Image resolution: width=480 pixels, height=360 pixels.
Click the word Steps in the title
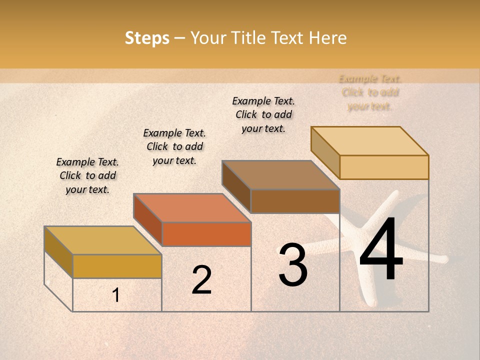pyautogui.click(x=147, y=38)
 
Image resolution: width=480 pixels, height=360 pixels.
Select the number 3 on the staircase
pyautogui.click(x=292, y=265)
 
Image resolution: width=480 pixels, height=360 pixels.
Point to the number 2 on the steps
pyautogui.click(x=201, y=279)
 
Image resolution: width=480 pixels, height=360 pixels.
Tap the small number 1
pyautogui.click(x=116, y=295)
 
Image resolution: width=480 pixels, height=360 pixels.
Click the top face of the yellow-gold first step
pyautogui.click(x=103, y=240)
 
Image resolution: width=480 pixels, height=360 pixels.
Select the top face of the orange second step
pyautogui.click(x=192, y=208)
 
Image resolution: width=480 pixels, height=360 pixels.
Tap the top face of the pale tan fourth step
pyautogui.click(x=370, y=141)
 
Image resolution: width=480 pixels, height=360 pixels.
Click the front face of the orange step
pyautogui.click(x=206, y=234)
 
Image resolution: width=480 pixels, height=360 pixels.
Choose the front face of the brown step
pyautogui.click(x=295, y=201)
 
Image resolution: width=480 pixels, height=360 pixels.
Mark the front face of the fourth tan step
pyautogui.click(x=384, y=167)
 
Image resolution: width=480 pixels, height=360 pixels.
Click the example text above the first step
pyautogui.click(x=87, y=175)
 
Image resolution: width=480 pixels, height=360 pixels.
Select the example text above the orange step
pyautogui.click(x=174, y=146)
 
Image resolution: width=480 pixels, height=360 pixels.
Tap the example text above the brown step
pyautogui.click(x=263, y=114)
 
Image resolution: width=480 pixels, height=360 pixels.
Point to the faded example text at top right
pyautogui.click(x=370, y=92)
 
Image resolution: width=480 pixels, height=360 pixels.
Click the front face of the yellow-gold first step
pyautogui.click(x=117, y=266)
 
